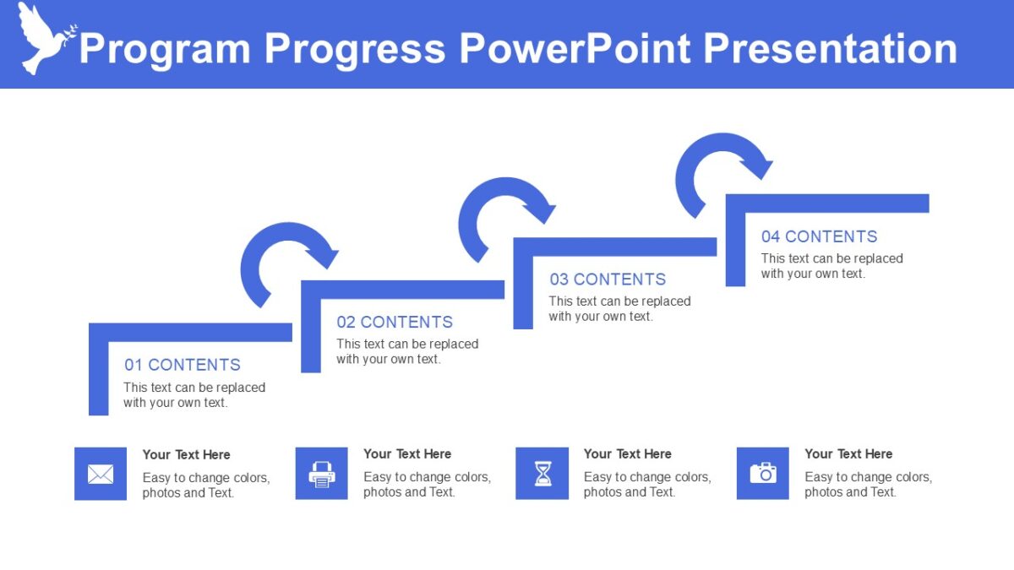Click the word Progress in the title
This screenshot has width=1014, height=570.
(x=354, y=49)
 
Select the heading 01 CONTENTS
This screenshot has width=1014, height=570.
(x=183, y=365)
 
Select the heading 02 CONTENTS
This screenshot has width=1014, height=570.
(x=395, y=322)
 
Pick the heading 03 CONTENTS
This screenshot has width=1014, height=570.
(x=608, y=280)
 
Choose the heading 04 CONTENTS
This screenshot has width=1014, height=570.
(x=819, y=236)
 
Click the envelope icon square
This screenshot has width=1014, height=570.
(x=101, y=474)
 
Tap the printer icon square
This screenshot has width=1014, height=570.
(x=321, y=474)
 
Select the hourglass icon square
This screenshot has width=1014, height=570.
(x=542, y=474)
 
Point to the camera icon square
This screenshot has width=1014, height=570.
(x=762, y=474)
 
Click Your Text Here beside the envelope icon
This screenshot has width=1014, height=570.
(x=186, y=454)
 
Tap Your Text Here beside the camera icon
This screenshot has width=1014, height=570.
(x=848, y=453)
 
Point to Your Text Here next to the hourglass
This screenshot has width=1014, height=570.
(x=627, y=453)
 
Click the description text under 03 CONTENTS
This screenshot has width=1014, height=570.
(x=619, y=309)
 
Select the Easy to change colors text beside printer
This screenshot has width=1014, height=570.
(x=427, y=485)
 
